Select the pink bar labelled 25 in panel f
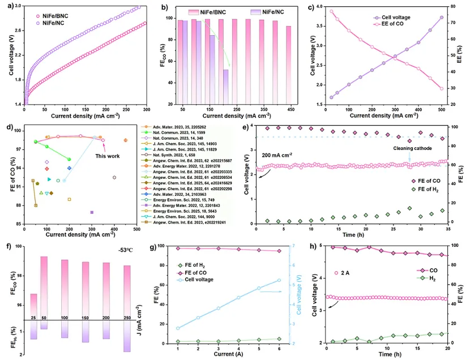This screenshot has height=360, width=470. point(33,306)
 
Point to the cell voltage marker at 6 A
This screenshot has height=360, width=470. point(279,280)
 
